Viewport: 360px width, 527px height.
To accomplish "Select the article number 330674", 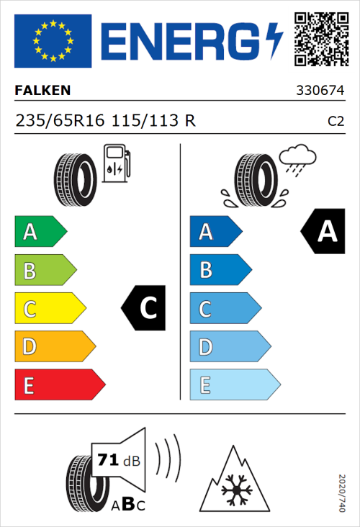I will point(320,92).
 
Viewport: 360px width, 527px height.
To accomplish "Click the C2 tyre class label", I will point(336,122).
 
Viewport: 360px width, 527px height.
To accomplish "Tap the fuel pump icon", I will point(116,163).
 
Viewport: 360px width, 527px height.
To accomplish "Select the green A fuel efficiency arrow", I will point(40,232).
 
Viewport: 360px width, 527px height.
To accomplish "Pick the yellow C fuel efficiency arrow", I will point(49,309).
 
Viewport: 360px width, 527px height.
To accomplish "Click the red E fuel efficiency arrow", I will point(59,385).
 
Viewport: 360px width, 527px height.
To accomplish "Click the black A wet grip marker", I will point(323,231).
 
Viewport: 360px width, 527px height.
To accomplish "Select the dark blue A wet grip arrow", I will point(215,232).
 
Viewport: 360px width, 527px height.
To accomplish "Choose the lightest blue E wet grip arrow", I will point(234,385).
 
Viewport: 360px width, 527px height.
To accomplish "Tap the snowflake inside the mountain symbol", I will point(234,491).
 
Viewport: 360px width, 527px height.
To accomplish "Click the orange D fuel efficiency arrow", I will point(54,347).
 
